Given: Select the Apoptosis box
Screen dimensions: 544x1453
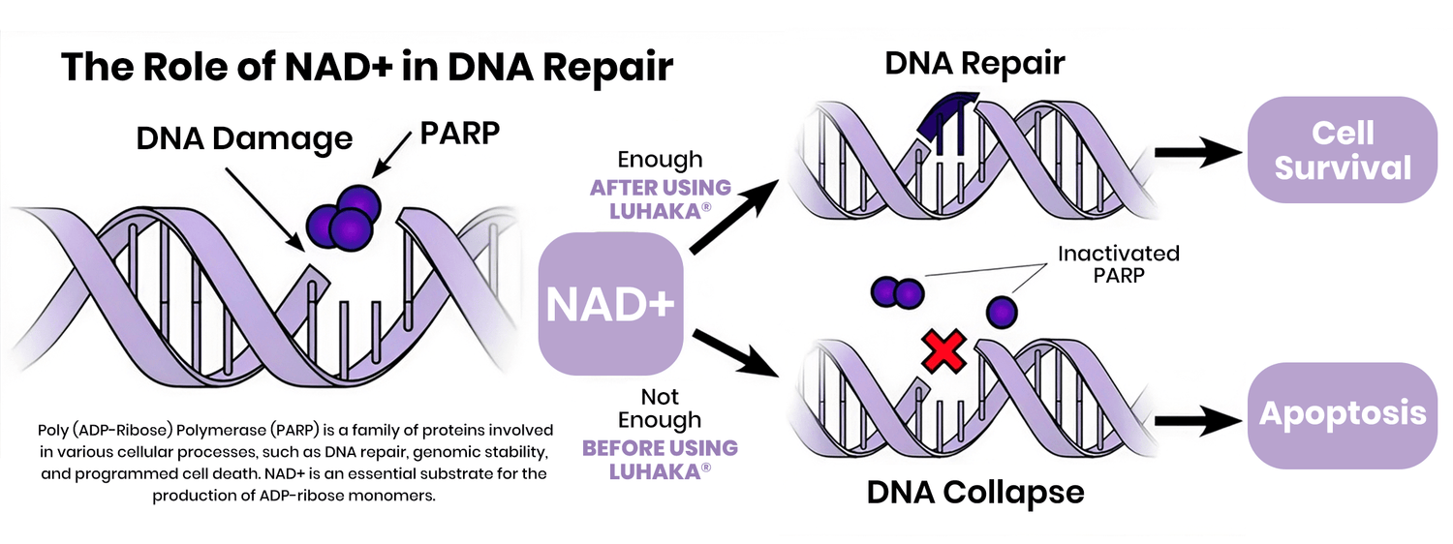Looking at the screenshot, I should click(1343, 414).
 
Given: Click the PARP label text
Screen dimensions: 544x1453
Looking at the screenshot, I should click(460, 133).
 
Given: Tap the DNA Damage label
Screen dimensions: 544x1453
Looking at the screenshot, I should click(244, 138).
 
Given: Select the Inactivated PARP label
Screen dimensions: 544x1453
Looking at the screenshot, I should click(1118, 264).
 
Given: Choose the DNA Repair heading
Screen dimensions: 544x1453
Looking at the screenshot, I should click(974, 64).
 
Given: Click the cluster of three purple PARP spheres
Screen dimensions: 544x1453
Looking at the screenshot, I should click(342, 214).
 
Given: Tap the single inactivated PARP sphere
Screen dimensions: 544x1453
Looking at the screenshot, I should click(1002, 312).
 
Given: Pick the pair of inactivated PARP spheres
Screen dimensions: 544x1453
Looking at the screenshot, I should click(897, 290).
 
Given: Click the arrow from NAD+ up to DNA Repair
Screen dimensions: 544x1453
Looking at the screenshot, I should click(732, 219).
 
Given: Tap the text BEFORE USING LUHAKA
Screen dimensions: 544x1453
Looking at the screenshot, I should click(660, 460).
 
